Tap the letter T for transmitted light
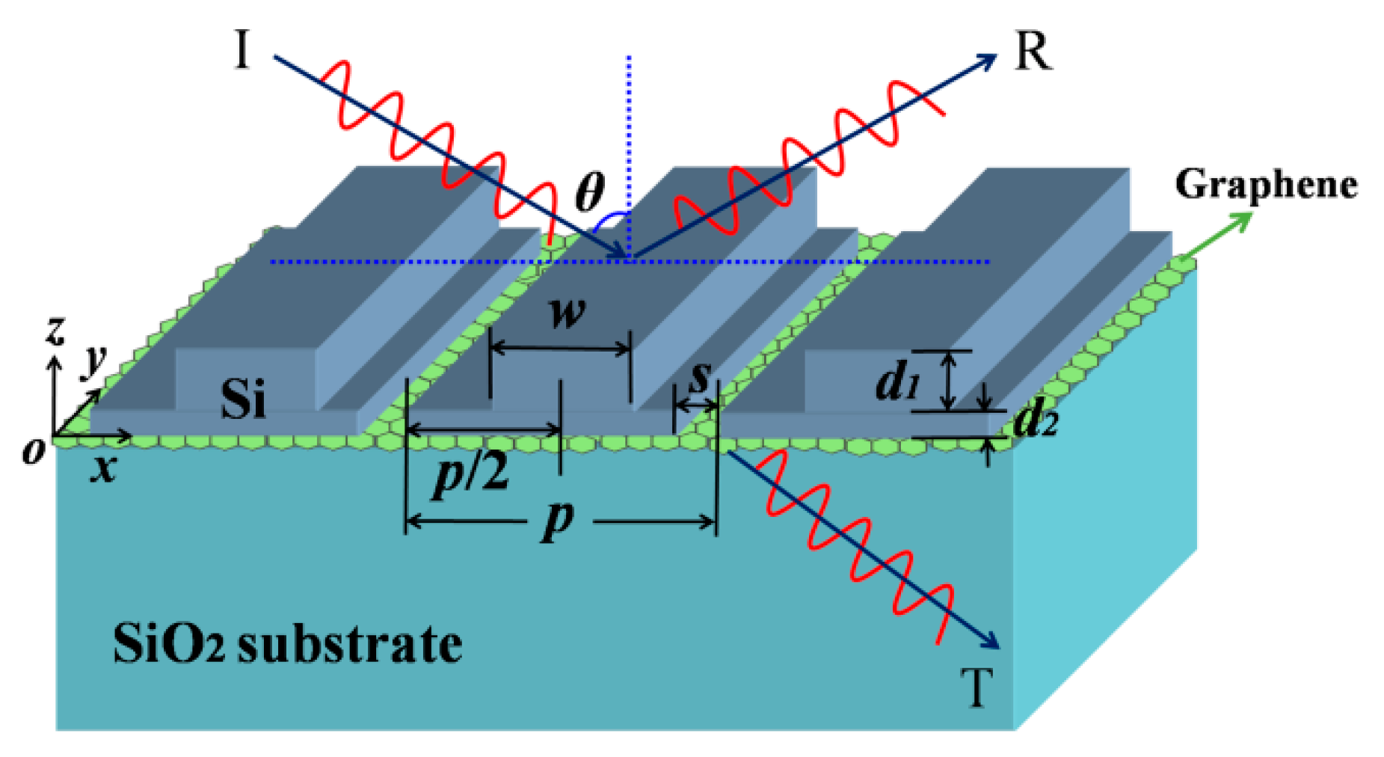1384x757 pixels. (x=977, y=687)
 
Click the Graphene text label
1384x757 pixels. (x=1266, y=184)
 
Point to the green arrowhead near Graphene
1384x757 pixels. (x=1244, y=218)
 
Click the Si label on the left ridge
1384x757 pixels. (x=243, y=398)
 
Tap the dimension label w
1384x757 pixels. (x=567, y=313)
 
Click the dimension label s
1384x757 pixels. (x=698, y=376)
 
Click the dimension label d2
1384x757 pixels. (x=1036, y=423)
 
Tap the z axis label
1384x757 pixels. (x=55, y=330)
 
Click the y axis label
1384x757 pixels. (x=93, y=361)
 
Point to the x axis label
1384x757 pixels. (x=104, y=468)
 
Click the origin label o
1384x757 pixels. (x=33, y=450)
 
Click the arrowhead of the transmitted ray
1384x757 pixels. (x=991, y=643)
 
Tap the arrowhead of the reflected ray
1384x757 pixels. (x=988, y=59)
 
